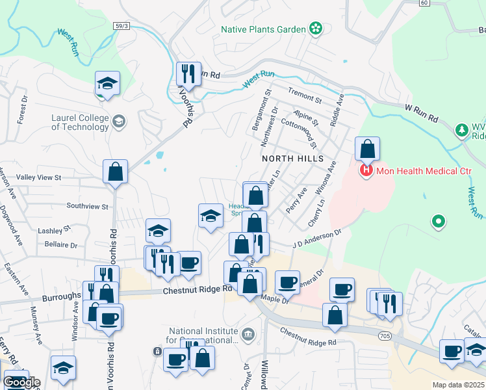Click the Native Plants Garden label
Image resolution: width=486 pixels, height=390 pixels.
pyautogui.click(x=262, y=29)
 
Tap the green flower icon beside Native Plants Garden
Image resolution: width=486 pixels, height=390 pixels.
pyautogui.click(x=316, y=29)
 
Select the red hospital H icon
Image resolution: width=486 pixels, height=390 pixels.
pyautogui.click(x=366, y=171)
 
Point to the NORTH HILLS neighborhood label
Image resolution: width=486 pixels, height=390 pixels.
pyautogui.click(x=292, y=159)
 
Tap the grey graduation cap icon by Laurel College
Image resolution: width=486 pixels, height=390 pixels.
pyautogui.click(x=120, y=121)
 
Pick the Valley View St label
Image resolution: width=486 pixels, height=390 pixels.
pyautogui.click(x=38, y=177)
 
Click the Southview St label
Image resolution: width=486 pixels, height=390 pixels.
pyautogui.click(x=86, y=206)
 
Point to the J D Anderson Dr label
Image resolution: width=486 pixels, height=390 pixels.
pyautogui.click(x=316, y=239)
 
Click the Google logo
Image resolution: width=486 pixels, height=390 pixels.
pyautogui.click(x=21, y=382)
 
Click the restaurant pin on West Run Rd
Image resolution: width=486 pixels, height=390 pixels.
pyautogui.click(x=188, y=75)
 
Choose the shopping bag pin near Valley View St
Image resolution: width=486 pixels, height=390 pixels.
pyautogui.click(x=115, y=173)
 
